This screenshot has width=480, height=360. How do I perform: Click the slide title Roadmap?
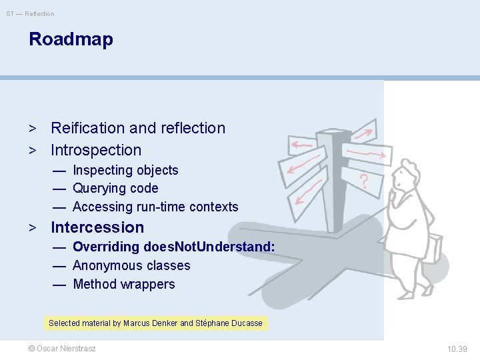point(71,39)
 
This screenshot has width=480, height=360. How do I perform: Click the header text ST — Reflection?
point(31,13)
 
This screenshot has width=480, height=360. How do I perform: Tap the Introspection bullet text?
point(96,150)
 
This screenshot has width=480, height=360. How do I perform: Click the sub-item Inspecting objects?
point(125,171)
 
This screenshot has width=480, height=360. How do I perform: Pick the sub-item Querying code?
point(115,189)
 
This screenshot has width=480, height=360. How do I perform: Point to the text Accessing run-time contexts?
point(155,207)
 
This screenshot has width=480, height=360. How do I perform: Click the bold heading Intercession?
point(97,227)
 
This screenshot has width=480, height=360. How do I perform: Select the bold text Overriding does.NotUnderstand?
point(173,247)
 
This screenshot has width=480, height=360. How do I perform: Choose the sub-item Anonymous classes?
point(131,265)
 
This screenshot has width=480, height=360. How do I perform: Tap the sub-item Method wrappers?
point(123,284)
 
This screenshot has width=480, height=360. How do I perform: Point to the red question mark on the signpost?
point(363,180)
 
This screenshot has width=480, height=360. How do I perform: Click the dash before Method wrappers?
point(59,284)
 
